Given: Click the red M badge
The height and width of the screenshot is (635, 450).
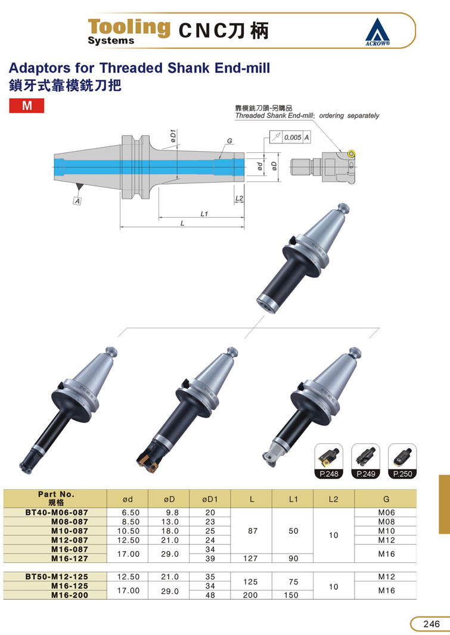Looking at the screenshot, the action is click(27, 105).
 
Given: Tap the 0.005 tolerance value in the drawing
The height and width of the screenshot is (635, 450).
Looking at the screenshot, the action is click(292, 137).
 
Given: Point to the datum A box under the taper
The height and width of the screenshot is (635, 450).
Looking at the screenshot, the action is click(77, 201).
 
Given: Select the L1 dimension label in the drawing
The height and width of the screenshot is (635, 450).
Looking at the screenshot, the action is click(204, 214).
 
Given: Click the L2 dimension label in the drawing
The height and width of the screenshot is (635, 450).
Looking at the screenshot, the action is click(239, 198).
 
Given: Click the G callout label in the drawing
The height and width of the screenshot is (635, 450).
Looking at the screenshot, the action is click(229, 141).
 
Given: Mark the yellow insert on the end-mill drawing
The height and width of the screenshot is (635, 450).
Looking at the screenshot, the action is click(351, 154).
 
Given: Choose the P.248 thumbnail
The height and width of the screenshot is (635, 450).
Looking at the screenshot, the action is click(329, 461).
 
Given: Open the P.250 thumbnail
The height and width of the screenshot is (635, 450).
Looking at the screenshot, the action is click(402, 461).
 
